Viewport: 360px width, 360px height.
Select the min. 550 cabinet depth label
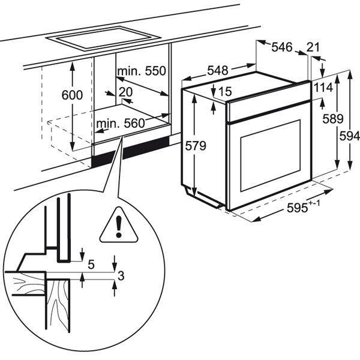140,71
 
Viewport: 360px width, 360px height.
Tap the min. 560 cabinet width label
121,124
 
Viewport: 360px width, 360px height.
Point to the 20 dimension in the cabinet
125,92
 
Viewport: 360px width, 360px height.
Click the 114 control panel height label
323,88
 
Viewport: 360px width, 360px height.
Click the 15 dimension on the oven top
225,91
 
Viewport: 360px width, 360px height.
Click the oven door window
269,155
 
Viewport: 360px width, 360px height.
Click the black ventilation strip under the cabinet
130,150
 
